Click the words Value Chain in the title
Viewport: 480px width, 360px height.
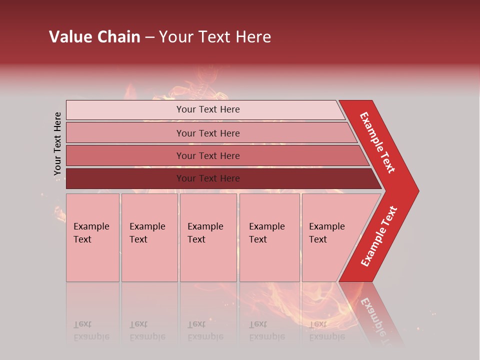94,37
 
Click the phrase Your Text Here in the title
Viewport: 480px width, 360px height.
215,37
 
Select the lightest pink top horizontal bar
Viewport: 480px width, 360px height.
125,110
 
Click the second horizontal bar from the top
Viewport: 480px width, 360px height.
125,133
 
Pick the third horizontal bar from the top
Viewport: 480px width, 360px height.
125,155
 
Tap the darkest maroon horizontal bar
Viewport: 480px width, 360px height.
125,178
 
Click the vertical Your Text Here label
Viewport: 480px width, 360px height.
57,144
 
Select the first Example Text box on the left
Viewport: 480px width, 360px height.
92,237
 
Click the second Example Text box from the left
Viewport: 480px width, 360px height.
149,237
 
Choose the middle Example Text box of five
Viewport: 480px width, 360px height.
208,237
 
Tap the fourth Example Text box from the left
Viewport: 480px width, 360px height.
269,237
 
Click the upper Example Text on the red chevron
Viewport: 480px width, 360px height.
377,142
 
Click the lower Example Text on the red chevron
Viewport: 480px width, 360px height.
379,236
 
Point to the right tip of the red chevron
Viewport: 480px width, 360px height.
417,191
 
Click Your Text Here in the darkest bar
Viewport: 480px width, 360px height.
208,178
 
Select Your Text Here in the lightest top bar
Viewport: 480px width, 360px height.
208,109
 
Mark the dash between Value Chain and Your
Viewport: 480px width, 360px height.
149,37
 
